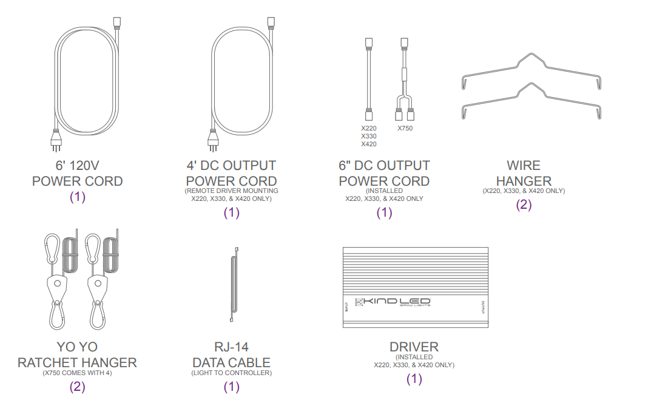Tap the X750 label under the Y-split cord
coord(405,128)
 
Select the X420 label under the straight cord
coord(368,144)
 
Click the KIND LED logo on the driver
coord(393,302)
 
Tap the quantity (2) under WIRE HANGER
coord(524,205)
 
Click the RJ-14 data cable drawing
coord(232,285)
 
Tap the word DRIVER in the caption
coord(414,347)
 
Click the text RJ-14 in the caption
coord(231,348)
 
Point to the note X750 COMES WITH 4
coord(77,373)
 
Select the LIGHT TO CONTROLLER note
coord(231,373)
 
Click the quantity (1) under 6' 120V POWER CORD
coord(77,197)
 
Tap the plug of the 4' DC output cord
coord(212,143)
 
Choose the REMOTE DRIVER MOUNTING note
coord(231,191)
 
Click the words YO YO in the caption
coord(77,348)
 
